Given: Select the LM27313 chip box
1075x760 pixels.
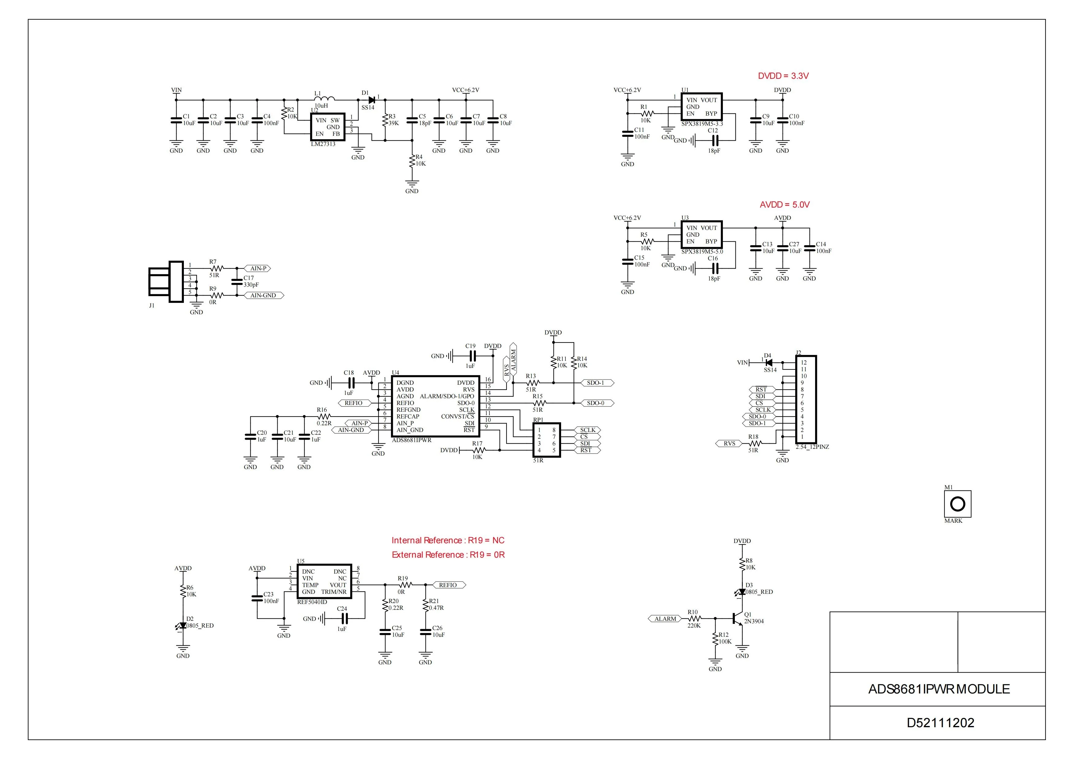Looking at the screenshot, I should point(328,127).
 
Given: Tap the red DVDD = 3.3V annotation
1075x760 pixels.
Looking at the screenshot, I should point(783,76).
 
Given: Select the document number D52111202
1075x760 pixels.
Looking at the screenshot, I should point(940,723).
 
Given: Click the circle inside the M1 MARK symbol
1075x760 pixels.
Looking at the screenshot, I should point(958,504).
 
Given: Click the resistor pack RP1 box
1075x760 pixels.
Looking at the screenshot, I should point(546,440).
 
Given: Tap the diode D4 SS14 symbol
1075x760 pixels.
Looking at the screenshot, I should point(768,362).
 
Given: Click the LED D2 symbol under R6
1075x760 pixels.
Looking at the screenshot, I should point(183,626).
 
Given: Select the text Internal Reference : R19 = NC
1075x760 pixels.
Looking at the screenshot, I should point(448,540).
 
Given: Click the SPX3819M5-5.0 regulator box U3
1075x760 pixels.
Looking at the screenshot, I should point(701,235).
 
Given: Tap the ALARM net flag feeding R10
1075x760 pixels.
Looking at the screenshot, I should point(665,619).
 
